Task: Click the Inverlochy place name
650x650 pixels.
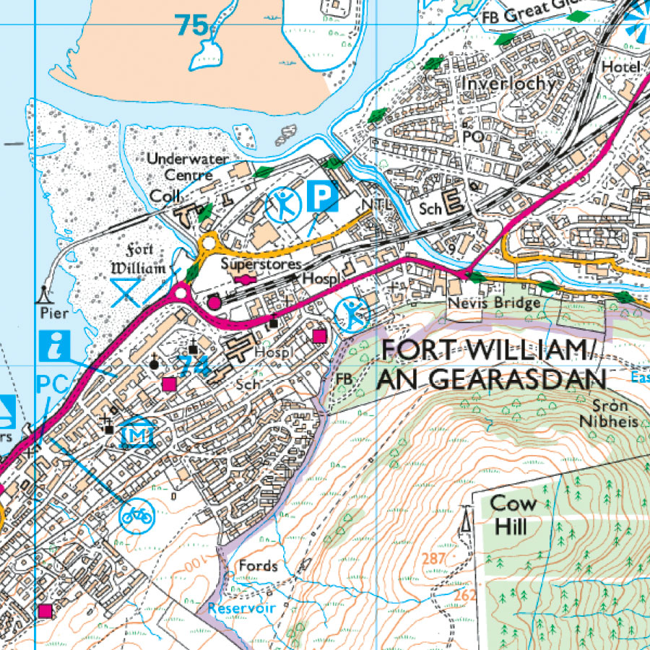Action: (509, 83)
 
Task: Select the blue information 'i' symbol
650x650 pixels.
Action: (56, 346)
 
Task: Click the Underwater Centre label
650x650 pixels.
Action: (187, 167)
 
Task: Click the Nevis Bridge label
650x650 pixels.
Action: (494, 303)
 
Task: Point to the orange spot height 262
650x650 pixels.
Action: (465, 594)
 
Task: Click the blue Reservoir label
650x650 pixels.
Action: (241, 608)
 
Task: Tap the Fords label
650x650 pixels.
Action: (258, 565)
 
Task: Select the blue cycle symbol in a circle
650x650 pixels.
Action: (136, 516)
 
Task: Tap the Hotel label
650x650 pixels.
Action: (621, 66)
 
